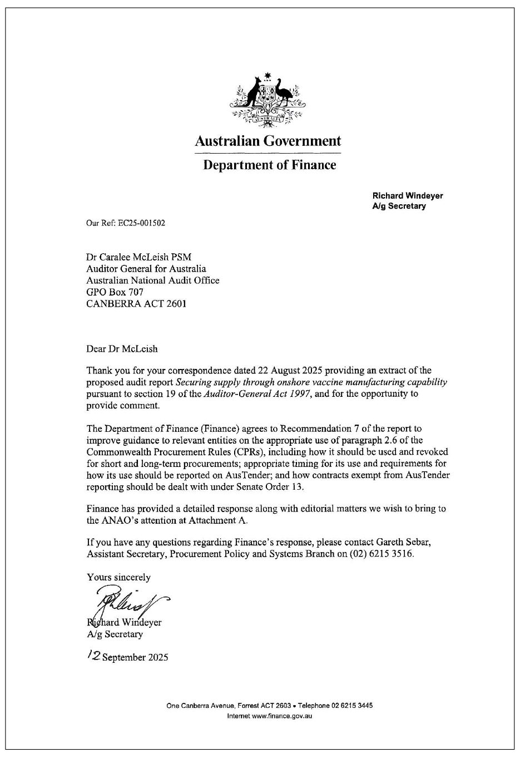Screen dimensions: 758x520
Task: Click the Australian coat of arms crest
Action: (268, 100)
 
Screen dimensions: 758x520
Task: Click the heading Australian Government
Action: (268, 141)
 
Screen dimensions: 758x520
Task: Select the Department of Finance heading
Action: (269, 165)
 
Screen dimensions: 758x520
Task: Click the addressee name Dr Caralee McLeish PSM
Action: (138, 257)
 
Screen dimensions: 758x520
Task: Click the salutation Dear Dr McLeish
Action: (122, 349)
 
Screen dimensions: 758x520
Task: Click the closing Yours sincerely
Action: (118, 577)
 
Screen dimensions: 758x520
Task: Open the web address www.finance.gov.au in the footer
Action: (282, 716)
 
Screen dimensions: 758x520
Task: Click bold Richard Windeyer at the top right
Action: (407, 196)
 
